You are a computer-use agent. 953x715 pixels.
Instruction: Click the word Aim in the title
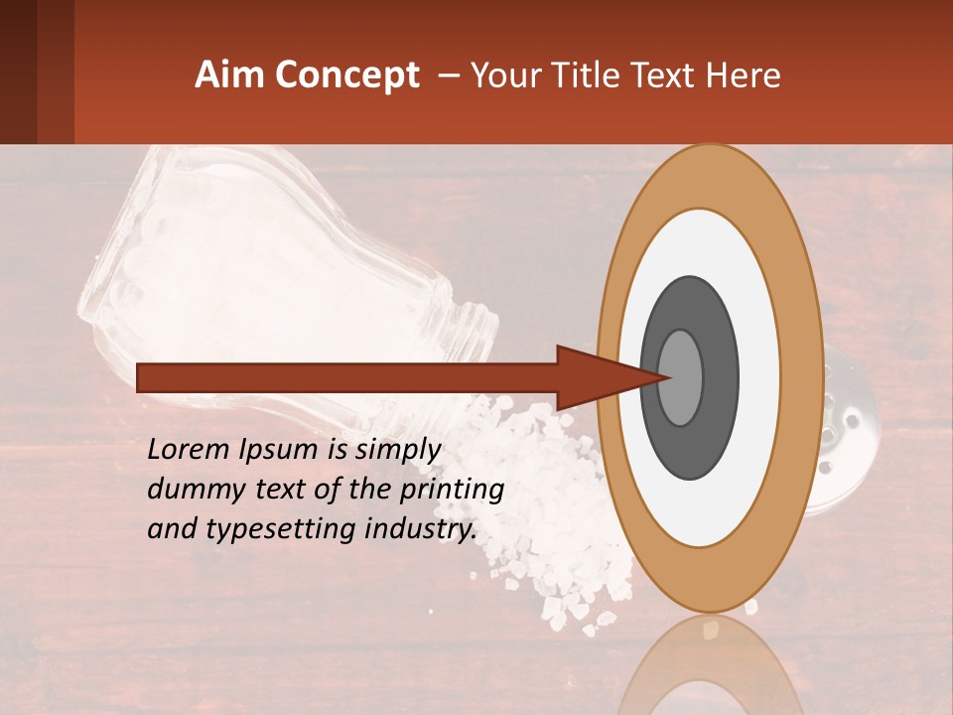click(x=230, y=75)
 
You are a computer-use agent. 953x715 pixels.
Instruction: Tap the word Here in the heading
click(x=744, y=75)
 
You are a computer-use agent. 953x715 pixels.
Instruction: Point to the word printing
click(x=453, y=490)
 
